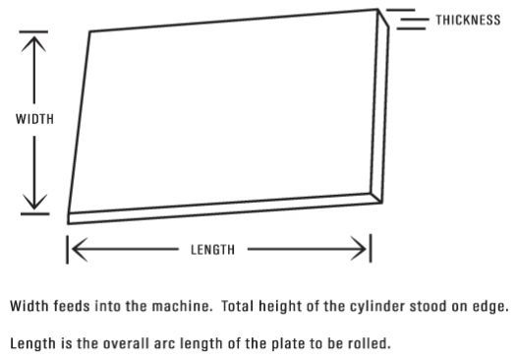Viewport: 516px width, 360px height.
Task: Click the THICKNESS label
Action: click(x=468, y=20)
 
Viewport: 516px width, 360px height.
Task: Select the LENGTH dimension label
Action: click(x=212, y=250)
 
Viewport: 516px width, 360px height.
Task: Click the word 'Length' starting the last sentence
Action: click(x=31, y=343)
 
